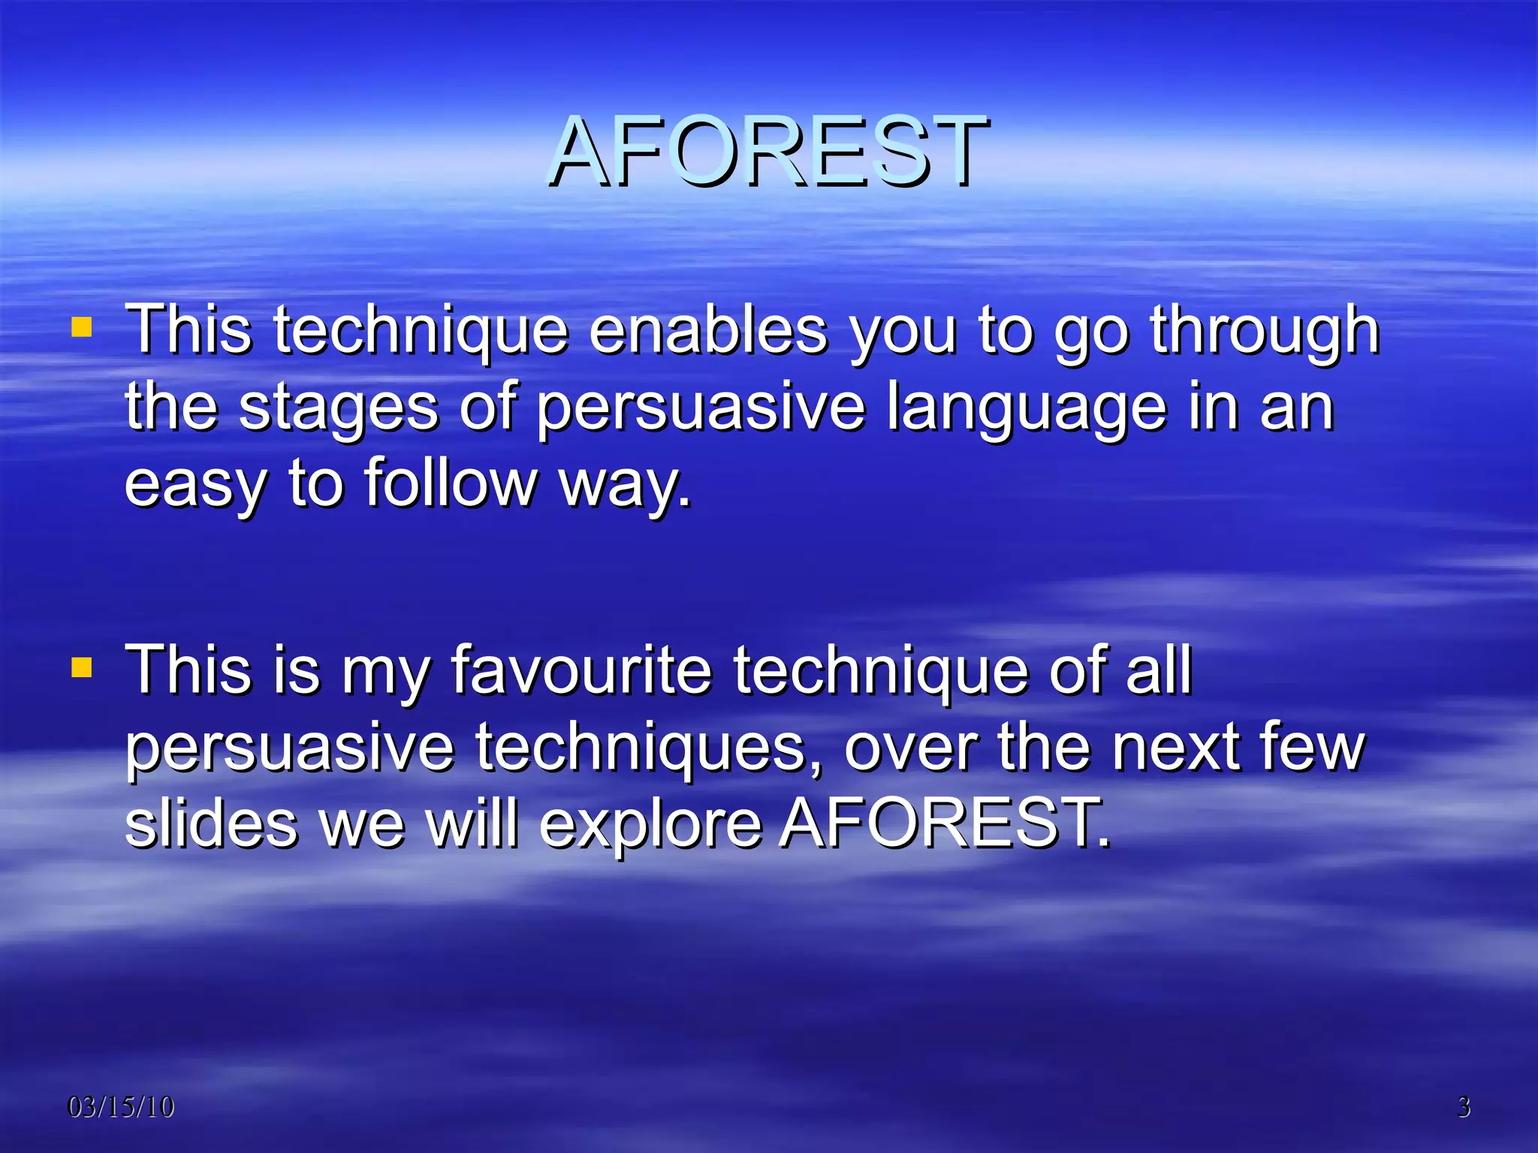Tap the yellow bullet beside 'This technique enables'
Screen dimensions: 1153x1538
[81, 327]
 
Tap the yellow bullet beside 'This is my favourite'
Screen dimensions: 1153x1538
[81, 667]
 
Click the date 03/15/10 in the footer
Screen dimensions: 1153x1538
[120, 1107]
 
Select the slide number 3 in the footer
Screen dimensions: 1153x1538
[1464, 1107]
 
